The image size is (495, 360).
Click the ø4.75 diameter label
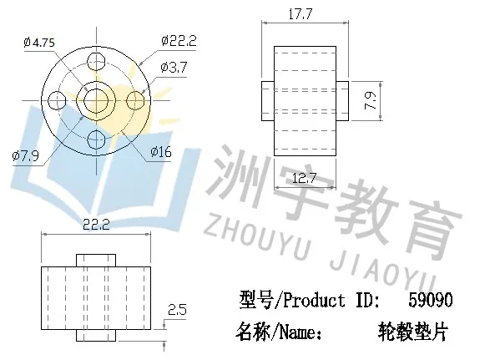click(x=39, y=43)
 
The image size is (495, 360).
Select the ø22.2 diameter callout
click(x=179, y=41)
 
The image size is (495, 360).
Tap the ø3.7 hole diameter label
click(x=174, y=68)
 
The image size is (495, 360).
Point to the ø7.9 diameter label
click(x=25, y=155)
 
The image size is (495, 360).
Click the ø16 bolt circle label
click(x=161, y=152)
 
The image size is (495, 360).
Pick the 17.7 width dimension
click(x=300, y=14)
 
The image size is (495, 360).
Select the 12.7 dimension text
click(x=304, y=179)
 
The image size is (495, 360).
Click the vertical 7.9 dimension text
click(x=370, y=101)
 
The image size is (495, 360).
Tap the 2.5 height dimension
click(x=177, y=310)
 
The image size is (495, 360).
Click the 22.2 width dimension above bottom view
click(x=96, y=225)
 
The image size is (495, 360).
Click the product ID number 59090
click(x=431, y=300)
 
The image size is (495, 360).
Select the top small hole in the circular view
click(x=96, y=61)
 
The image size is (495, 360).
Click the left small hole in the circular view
click(x=57, y=100)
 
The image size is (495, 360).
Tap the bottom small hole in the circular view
click(x=96, y=139)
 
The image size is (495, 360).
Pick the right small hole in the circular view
click(x=135, y=100)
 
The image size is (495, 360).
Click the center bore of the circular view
click(x=96, y=101)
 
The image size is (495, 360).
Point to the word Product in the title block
click(x=314, y=300)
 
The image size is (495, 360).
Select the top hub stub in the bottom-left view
click(x=96, y=261)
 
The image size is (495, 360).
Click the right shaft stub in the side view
click(x=342, y=101)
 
